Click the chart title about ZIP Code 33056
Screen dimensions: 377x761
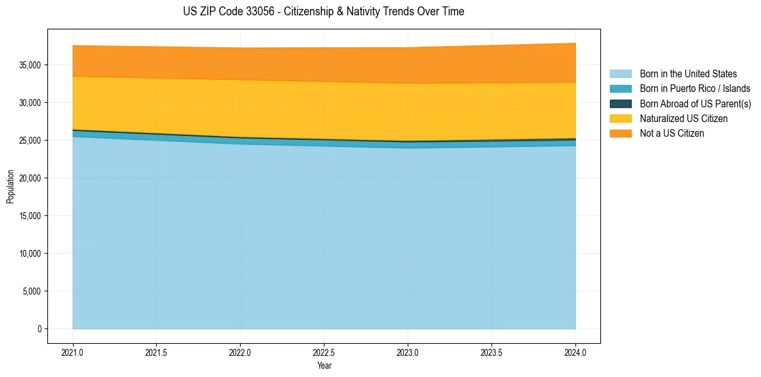(x=323, y=12)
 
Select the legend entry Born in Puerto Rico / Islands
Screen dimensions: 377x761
(x=695, y=89)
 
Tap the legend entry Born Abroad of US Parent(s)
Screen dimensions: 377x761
(x=695, y=104)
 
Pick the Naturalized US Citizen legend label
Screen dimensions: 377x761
(x=684, y=118)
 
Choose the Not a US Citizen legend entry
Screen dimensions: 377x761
(x=671, y=133)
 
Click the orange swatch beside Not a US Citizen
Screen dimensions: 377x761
(x=620, y=133)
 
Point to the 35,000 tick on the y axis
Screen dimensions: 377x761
(x=29, y=65)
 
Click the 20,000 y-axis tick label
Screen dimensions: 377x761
(x=29, y=178)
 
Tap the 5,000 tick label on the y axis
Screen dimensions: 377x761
(x=31, y=291)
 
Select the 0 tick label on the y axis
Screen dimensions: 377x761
(x=39, y=329)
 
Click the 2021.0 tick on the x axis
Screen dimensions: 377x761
(x=72, y=352)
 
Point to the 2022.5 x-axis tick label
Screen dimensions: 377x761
(x=324, y=352)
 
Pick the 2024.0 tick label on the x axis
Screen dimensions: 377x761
(x=575, y=352)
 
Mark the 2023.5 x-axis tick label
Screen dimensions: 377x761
(x=492, y=352)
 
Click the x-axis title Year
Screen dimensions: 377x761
(x=324, y=365)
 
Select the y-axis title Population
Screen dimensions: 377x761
(x=10, y=187)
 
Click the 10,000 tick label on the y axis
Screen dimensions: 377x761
(x=29, y=254)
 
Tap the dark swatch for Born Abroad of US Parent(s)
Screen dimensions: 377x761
(x=620, y=104)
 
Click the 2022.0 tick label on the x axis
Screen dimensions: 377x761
(x=240, y=352)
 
